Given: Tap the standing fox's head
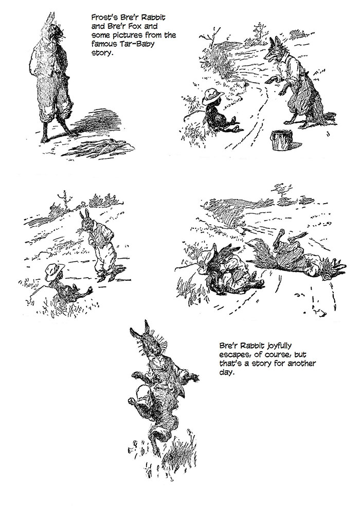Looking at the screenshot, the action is (273, 49).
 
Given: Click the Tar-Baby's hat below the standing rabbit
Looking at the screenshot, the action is (55, 271).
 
